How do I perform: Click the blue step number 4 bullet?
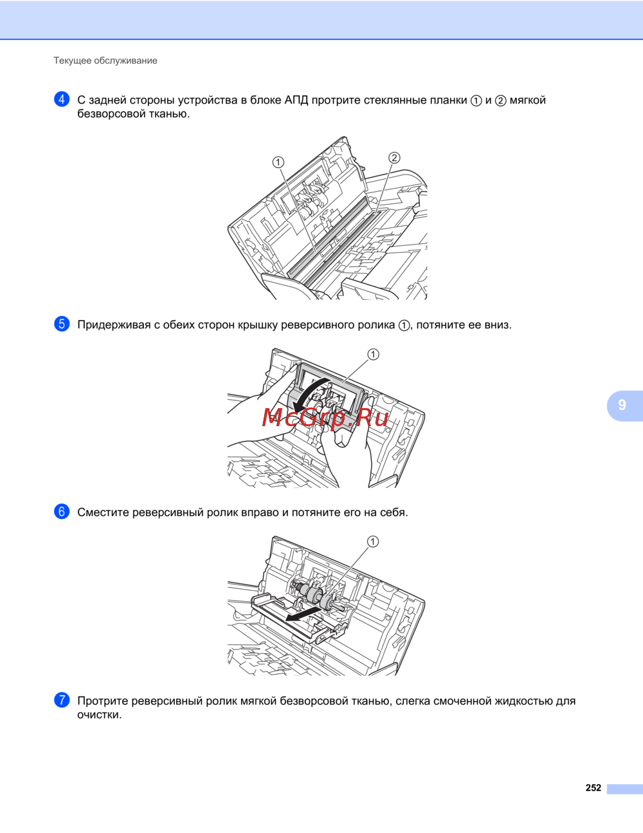62,99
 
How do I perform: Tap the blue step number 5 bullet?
62,324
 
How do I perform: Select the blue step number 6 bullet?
62,512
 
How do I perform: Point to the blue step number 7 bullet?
62,700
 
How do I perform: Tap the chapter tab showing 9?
624,406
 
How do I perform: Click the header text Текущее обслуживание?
105,61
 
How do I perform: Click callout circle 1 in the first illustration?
278,162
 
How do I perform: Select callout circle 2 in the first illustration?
394,158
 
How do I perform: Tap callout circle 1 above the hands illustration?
373,354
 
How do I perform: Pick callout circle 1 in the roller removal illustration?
373,541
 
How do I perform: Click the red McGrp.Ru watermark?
325,418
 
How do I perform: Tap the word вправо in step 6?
260,513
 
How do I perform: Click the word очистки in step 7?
99,715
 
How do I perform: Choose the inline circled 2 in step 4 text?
500,101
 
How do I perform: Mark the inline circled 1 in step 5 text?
404,326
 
